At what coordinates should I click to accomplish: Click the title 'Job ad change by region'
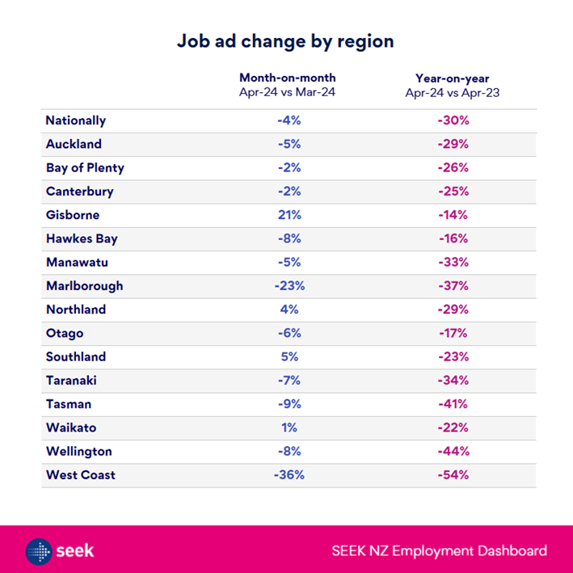[x=286, y=41]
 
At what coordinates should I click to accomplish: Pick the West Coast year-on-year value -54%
[x=452, y=474]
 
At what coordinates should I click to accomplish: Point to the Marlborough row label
[x=84, y=286]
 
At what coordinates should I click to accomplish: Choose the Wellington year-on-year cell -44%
[x=452, y=451]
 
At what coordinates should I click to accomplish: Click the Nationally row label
[x=75, y=120]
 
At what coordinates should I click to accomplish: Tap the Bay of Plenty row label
[x=85, y=168]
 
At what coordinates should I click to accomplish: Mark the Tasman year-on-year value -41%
[x=452, y=404]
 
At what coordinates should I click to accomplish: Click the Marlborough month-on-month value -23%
[x=288, y=286]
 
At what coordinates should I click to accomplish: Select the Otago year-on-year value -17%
[x=452, y=333]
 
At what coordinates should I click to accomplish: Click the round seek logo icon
[x=40, y=551]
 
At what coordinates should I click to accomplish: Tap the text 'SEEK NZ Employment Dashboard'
[x=439, y=551]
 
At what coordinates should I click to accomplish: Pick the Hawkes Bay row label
[x=80, y=238]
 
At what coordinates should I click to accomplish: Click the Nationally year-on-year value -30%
[x=452, y=120]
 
